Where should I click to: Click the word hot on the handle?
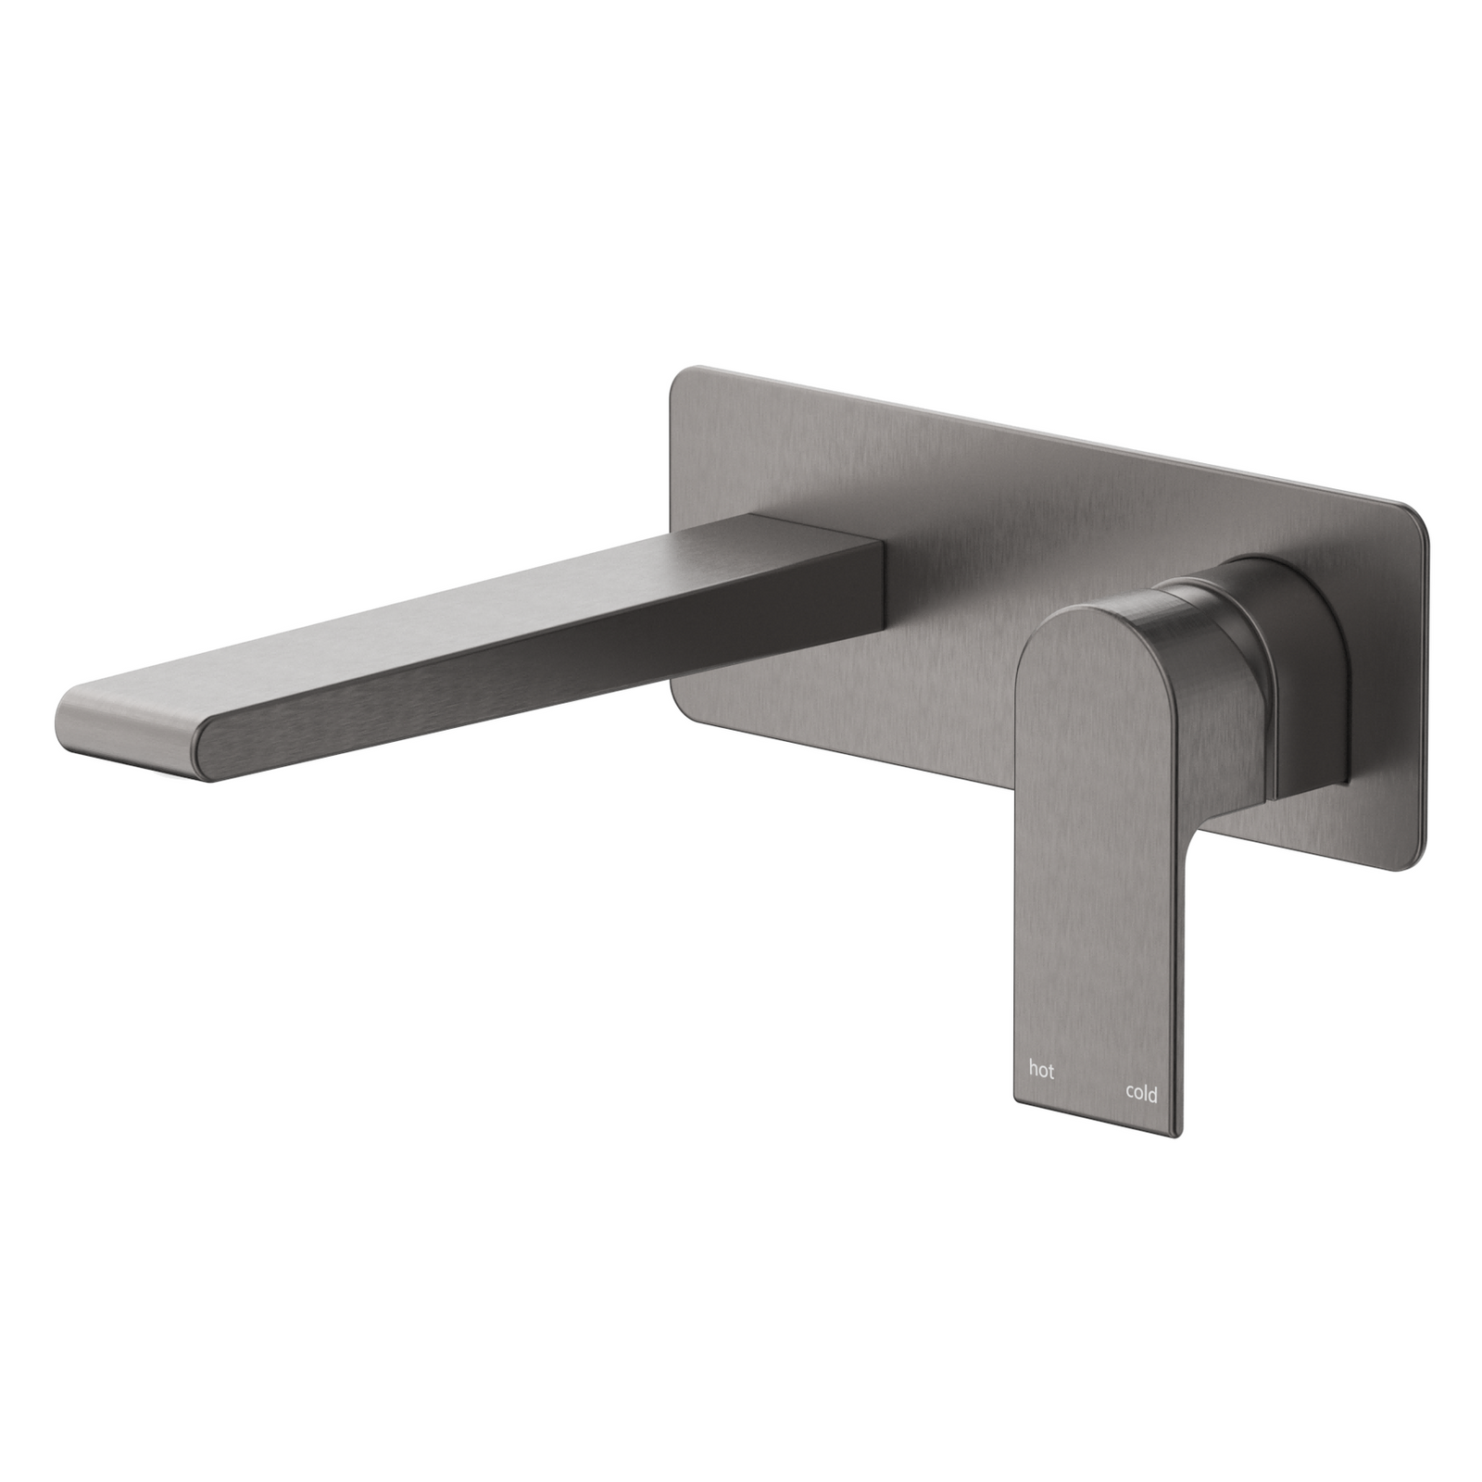pyautogui.click(x=1041, y=1071)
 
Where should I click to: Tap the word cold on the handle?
pyautogui.click(x=1141, y=1094)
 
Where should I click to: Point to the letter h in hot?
pyautogui.click(x=1033, y=1069)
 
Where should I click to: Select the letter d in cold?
pyautogui.click(x=1153, y=1093)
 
